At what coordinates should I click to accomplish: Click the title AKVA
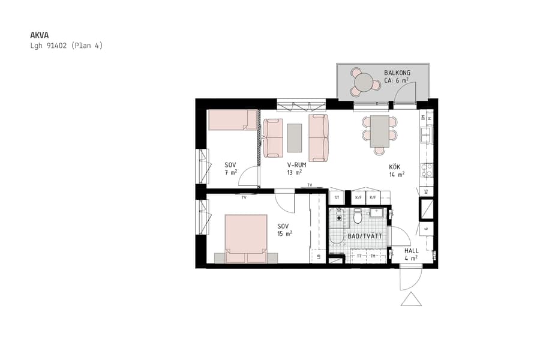[x=40, y=35]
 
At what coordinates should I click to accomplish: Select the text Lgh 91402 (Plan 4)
[x=67, y=46]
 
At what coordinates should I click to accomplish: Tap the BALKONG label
[x=397, y=73]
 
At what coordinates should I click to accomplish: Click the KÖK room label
[x=394, y=167]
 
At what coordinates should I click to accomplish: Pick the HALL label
[x=412, y=251]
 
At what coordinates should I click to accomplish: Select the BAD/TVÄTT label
[x=365, y=236]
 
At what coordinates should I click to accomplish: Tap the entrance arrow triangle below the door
[x=411, y=299]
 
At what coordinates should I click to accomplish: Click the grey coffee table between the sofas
[x=295, y=137]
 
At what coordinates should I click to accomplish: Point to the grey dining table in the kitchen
[x=379, y=131]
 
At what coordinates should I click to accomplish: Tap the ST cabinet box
[x=337, y=197]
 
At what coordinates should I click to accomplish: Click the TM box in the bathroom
[x=374, y=256]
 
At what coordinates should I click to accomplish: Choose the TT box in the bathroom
[x=359, y=256]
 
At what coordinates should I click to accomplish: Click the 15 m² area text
[x=284, y=233]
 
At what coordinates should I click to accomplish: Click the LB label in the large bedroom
[x=319, y=257]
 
